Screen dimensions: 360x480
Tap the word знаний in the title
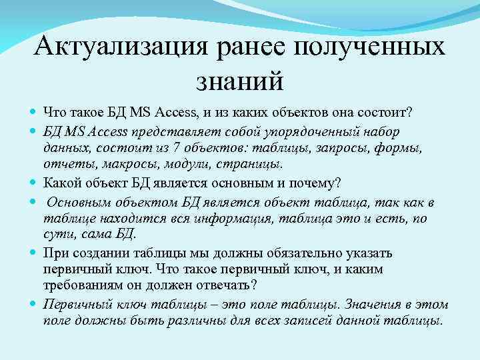point(240,81)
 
